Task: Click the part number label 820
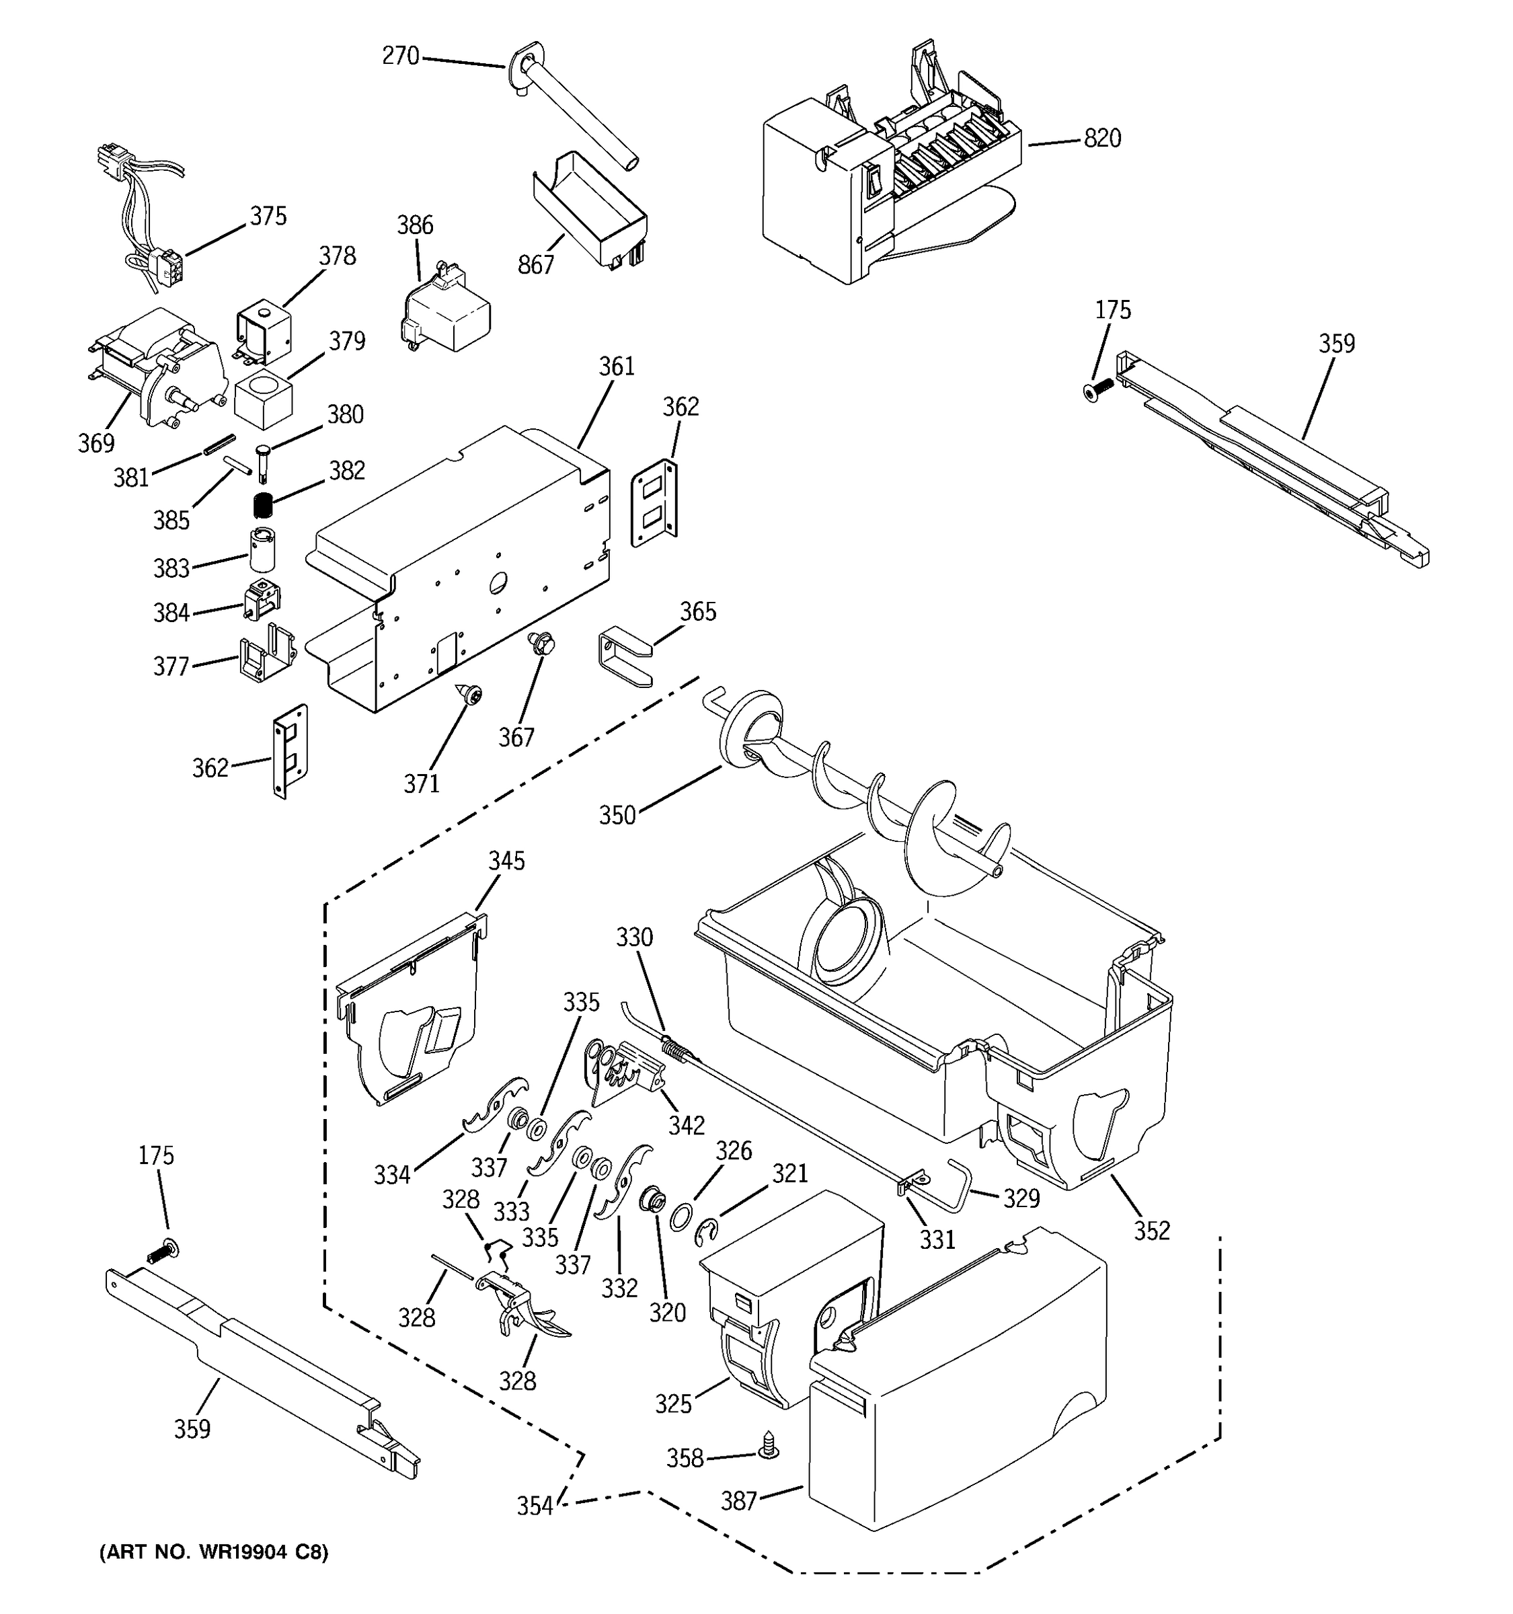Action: [1101, 139]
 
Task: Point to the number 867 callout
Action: [536, 265]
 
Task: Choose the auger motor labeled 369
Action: [158, 365]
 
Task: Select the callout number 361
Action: [617, 367]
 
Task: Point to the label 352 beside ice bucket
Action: [1152, 1230]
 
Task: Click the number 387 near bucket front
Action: [738, 1502]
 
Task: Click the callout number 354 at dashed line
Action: [535, 1506]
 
